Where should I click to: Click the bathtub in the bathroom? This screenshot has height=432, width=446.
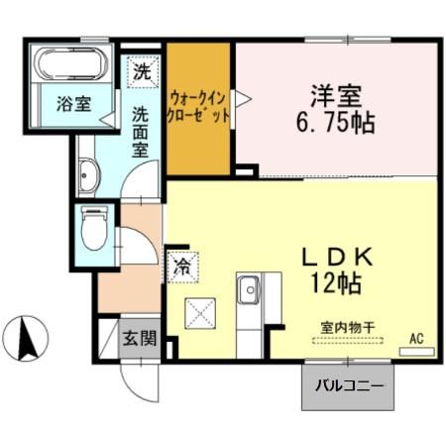71,63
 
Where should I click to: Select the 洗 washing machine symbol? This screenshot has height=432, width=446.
143,71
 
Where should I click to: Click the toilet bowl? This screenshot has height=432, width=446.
93,230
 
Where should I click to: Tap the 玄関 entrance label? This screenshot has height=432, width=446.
139,338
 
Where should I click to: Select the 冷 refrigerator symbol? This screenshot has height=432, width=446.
182,266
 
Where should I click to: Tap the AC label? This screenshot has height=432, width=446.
416,339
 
